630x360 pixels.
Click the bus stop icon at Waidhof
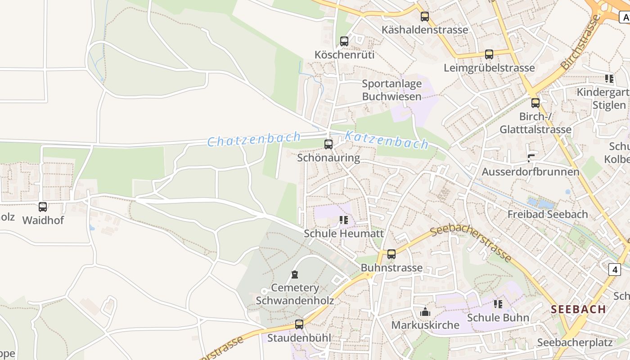click(x=43, y=207)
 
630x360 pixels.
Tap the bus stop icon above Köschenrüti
click(x=344, y=41)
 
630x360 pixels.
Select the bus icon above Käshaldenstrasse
click(x=425, y=17)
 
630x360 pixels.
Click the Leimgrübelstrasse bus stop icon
click(x=489, y=54)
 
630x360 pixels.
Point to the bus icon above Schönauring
click(x=328, y=144)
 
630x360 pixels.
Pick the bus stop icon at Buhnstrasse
click(x=391, y=254)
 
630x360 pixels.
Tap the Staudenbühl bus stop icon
click(x=299, y=324)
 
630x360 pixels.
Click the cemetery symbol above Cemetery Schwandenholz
click(x=295, y=274)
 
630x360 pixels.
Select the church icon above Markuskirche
click(x=425, y=311)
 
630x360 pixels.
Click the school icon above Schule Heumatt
click(x=344, y=220)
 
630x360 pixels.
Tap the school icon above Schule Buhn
click(x=498, y=304)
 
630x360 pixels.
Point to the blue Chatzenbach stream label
click(x=254, y=139)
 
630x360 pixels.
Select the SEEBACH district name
click(x=578, y=309)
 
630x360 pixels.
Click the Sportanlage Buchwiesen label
click(x=392, y=90)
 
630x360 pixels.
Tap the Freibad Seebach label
click(x=548, y=214)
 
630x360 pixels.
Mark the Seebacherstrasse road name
click(x=471, y=243)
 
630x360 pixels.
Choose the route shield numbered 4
click(x=615, y=270)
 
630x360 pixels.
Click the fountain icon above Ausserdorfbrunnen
click(x=531, y=158)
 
